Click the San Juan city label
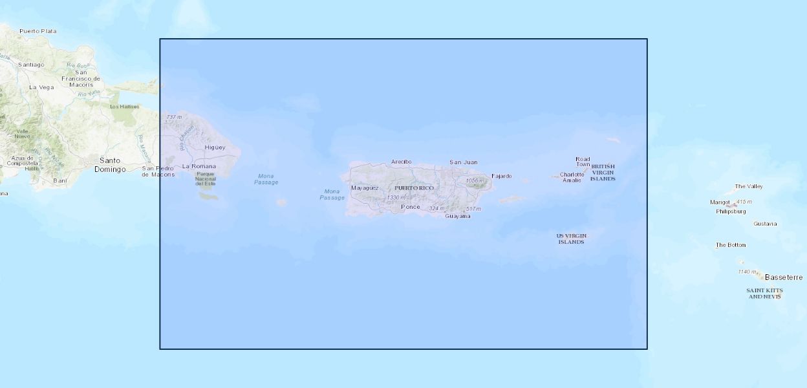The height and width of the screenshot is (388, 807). [463, 162]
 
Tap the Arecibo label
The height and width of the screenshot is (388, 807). [401, 162]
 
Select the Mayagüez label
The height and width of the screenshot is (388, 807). [365, 188]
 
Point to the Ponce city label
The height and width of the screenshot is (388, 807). [410, 207]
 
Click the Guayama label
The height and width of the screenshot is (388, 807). [458, 216]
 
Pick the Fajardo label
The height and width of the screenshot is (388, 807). [501, 176]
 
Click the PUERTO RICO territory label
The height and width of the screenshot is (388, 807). [414, 188]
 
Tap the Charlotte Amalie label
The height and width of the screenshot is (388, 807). [572, 177]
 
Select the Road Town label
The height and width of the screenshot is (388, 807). [583, 162]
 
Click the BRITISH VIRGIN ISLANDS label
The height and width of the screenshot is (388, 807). [603, 172]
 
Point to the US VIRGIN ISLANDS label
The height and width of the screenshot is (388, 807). [571, 239]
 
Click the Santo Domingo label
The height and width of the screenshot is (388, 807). [110, 164]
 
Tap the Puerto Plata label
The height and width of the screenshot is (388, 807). [38, 30]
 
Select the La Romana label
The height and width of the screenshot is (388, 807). [199, 166]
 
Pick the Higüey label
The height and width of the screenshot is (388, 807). [215, 147]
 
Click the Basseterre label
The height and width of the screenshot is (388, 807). [783, 277]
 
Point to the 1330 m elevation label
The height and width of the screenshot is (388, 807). [396, 197]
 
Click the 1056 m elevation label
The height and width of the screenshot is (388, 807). [474, 180]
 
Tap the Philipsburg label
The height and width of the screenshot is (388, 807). [731, 211]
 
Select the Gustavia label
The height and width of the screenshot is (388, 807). [765, 224]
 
